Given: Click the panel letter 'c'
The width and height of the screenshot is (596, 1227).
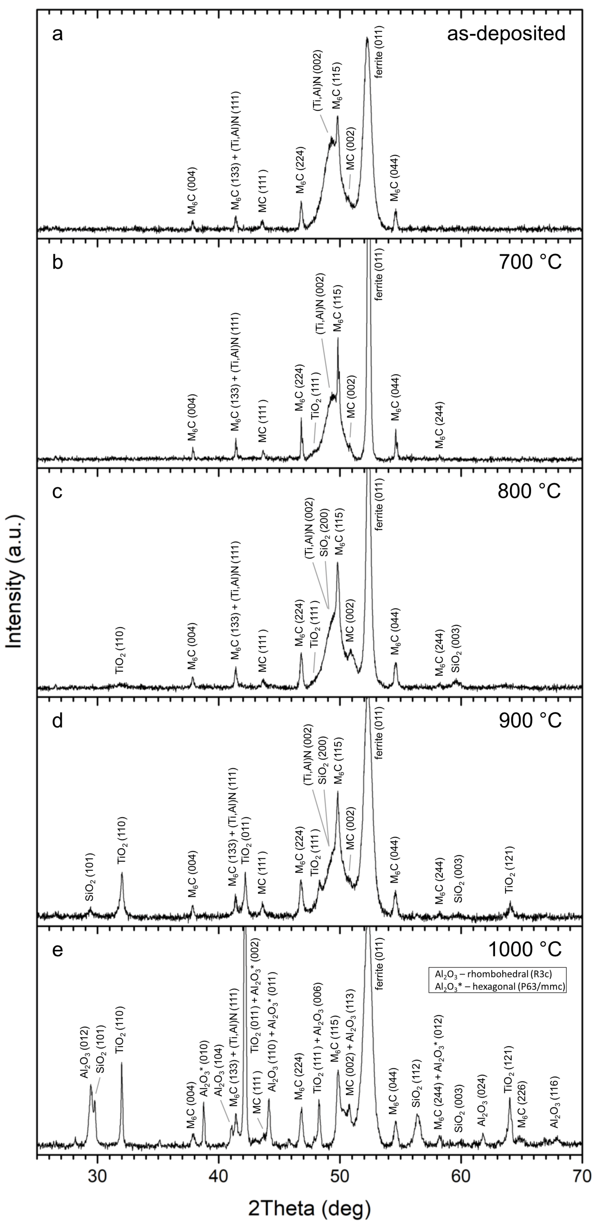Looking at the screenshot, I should pos(57,492).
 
